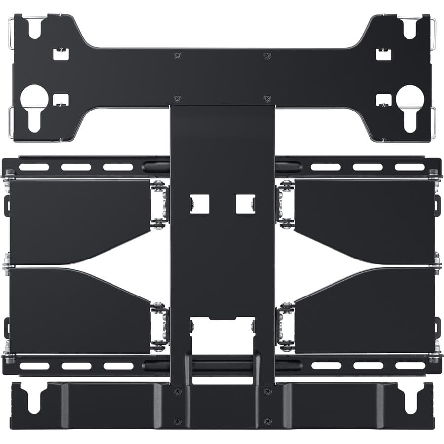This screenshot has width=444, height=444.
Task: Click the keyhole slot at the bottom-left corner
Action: tap(35, 400)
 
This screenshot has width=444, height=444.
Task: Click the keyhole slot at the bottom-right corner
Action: tap(409, 400)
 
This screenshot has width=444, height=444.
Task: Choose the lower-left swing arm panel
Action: tap(79, 311)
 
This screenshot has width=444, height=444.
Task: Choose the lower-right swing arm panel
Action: tap(365, 311)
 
